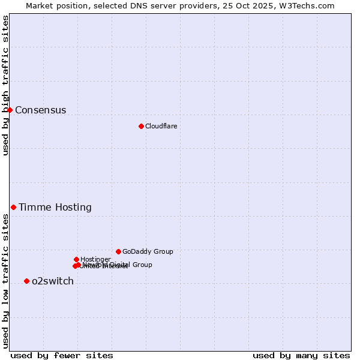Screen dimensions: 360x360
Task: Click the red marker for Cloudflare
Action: click(141, 126)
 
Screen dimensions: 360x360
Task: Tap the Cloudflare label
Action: click(161, 126)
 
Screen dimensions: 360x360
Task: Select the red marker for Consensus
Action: click(10, 110)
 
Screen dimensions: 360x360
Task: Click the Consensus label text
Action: click(40, 110)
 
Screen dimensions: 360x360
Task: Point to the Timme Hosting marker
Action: click(13, 207)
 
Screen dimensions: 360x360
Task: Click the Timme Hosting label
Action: click(55, 208)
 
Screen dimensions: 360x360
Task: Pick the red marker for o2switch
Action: click(26, 281)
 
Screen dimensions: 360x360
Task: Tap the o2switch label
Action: click(52, 281)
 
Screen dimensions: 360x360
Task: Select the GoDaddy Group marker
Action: click(118, 251)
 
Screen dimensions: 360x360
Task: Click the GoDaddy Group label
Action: click(148, 252)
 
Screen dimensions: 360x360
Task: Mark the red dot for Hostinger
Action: click(76, 259)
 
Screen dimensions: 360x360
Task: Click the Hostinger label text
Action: click(95, 259)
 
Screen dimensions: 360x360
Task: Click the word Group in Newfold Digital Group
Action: click(142, 265)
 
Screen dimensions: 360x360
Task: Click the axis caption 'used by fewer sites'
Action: click(62, 355)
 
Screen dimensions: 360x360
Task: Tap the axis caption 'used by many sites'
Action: click(301, 355)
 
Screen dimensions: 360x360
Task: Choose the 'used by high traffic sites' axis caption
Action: click(5, 85)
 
